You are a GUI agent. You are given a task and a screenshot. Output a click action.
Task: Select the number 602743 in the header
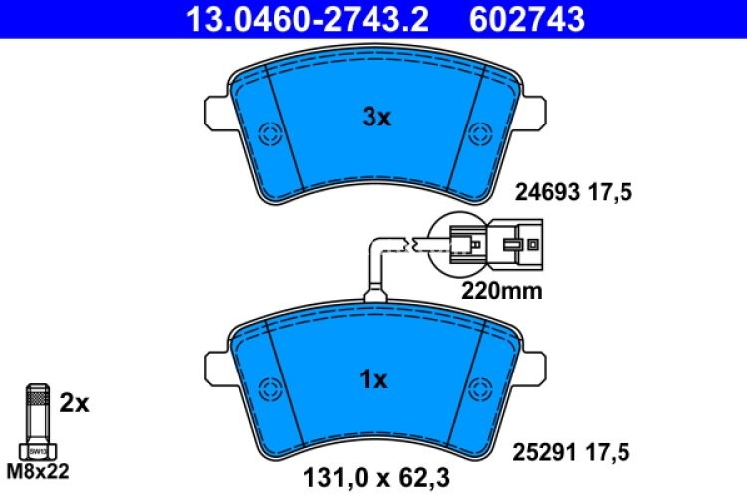(525, 17)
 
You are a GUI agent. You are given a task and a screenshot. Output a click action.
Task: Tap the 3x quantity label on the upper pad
(375, 118)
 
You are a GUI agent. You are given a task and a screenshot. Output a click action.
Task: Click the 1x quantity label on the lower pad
(373, 379)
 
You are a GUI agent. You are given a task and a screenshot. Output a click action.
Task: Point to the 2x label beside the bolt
(74, 403)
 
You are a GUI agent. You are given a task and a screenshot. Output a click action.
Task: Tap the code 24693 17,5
(573, 192)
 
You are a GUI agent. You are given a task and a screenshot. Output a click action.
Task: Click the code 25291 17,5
(573, 451)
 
